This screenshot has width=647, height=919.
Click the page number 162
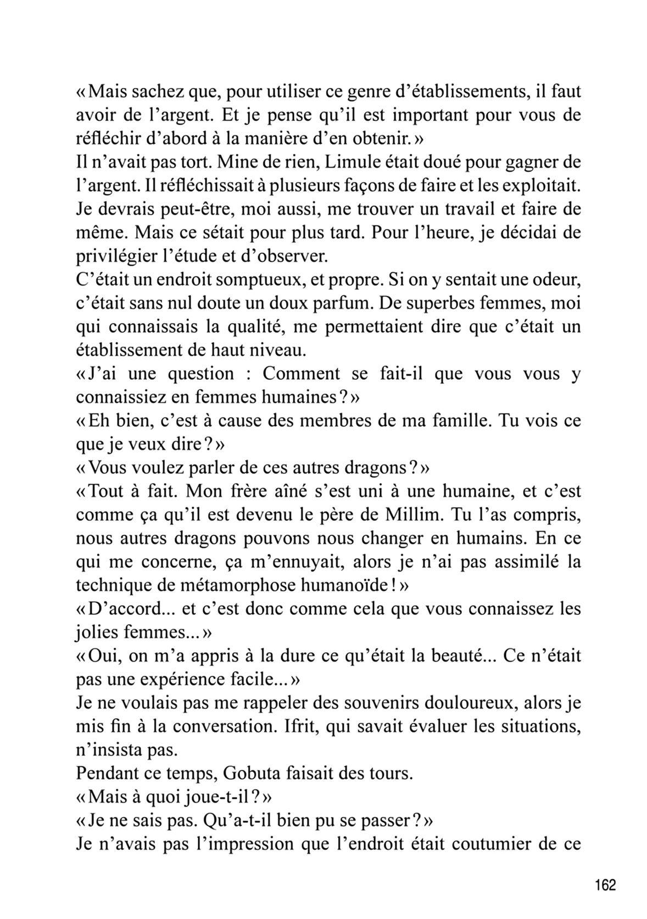(605, 886)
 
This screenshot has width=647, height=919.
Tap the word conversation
(224, 726)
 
